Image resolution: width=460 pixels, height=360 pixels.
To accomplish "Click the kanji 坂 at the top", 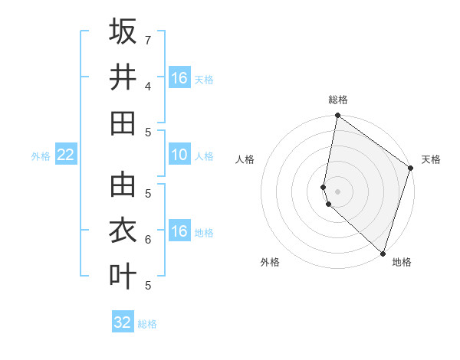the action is click(123, 31).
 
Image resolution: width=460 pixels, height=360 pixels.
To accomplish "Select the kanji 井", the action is click(123, 77).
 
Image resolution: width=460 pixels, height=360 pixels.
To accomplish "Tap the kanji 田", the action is click(123, 123).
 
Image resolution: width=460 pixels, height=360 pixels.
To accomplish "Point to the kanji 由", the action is click(123, 184).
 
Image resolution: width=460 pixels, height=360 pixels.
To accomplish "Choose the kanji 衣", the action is click(123, 230).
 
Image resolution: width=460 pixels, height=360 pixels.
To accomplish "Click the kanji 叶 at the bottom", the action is click(123, 276).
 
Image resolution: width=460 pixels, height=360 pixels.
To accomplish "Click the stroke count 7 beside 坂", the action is click(148, 39).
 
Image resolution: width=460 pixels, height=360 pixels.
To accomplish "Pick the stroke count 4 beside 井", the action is click(148, 86).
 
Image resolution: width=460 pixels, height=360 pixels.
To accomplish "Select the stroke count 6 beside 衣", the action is click(148, 239).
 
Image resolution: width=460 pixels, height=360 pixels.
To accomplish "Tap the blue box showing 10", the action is click(179, 155).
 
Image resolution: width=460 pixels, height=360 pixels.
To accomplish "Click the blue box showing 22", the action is click(66, 155).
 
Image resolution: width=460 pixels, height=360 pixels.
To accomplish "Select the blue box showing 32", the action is click(123, 322).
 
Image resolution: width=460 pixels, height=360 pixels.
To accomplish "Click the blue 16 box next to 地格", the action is click(179, 231).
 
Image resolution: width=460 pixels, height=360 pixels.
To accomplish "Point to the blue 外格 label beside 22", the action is click(41, 156).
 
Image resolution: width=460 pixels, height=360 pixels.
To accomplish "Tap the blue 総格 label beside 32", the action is click(147, 324).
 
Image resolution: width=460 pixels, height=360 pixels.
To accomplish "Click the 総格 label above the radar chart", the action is click(338, 100).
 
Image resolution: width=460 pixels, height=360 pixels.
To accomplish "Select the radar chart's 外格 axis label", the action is click(270, 262).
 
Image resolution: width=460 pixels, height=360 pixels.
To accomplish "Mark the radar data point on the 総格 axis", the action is click(337, 116).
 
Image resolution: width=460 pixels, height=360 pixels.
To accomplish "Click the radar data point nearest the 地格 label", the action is click(383, 254).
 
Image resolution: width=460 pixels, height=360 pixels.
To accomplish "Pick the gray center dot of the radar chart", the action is click(337, 191).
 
